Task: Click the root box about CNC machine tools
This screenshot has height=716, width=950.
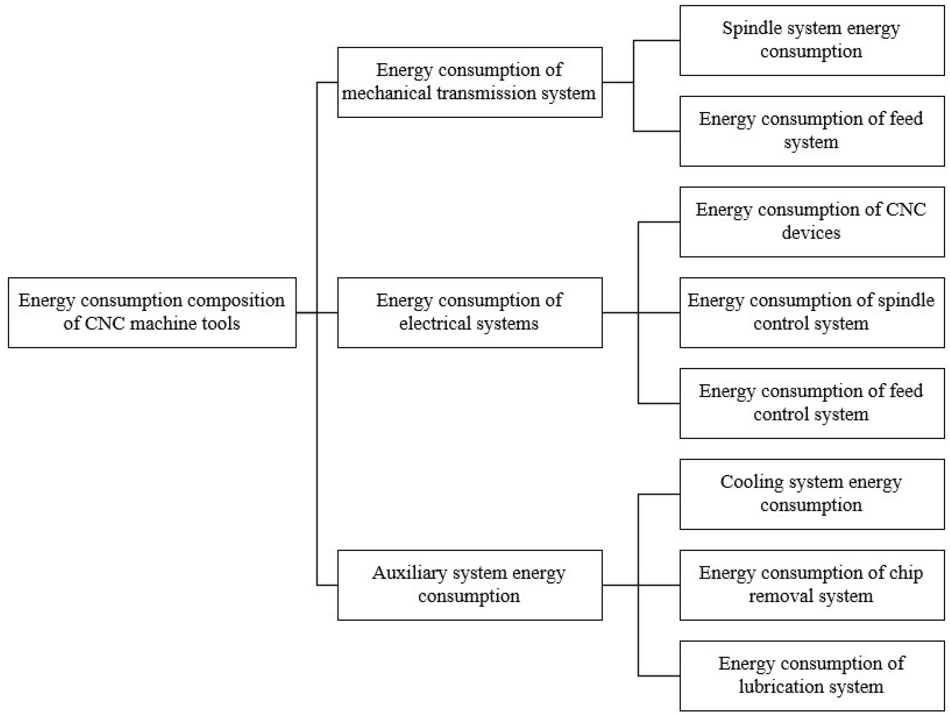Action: pos(152,313)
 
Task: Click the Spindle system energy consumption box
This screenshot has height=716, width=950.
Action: pos(812,40)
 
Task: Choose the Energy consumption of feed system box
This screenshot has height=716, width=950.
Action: pos(812,131)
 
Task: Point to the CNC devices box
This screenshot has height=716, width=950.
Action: pos(812,222)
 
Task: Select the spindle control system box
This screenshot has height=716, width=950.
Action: pos(812,313)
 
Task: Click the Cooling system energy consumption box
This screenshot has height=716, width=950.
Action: pos(812,494)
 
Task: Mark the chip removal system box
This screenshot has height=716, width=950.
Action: pos(812,585)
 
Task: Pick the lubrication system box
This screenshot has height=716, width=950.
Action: pos(812,676)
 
